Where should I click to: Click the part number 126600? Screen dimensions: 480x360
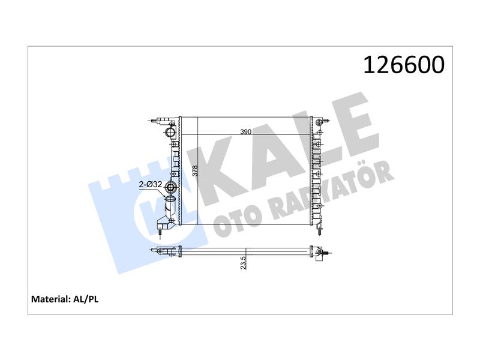point(403,65)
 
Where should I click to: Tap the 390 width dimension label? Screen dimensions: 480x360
point(245,132)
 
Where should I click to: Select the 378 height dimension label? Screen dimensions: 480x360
point(195,170)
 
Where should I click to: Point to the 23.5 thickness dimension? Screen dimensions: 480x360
point(243,263)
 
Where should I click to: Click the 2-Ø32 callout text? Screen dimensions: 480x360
point(151,185)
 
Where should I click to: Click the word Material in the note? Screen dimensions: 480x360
point(50,299)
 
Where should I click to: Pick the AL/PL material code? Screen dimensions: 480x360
point(86,299)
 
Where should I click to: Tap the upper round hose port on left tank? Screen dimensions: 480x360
point(169,132)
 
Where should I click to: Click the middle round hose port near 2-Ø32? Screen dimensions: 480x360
point(170,187)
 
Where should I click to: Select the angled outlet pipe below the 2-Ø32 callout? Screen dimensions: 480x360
point(169,206)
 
